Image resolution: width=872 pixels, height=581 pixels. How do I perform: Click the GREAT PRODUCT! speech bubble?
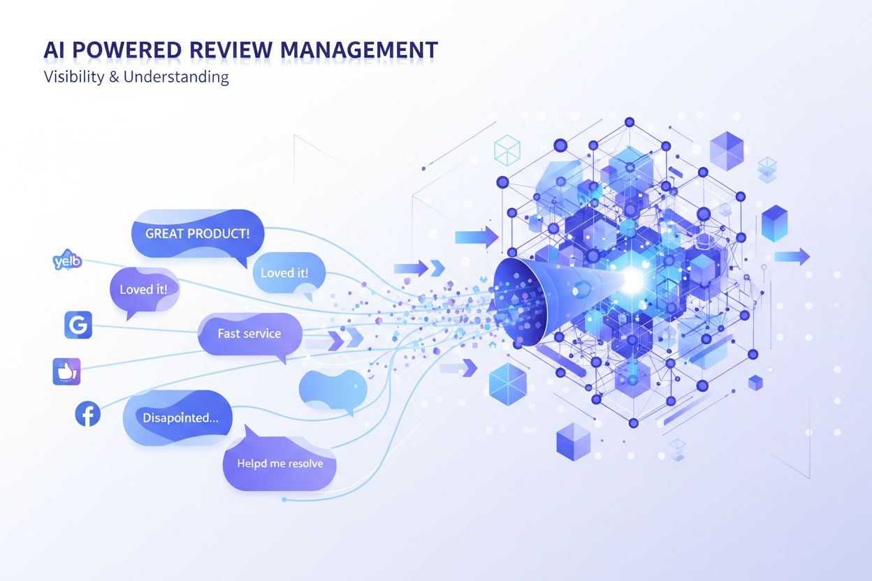[x=197, y=234]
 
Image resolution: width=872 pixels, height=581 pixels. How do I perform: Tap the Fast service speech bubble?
[x=249, y=334]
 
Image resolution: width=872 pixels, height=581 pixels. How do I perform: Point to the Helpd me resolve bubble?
[x=279, y=463]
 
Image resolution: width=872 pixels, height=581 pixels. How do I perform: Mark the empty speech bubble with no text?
[x=333, y=389]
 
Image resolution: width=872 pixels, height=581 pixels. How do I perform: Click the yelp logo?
[x=67, y=262]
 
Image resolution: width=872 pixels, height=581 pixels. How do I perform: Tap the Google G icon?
[x=78, y=325]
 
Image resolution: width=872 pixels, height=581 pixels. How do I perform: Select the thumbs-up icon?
[x=67, y=372]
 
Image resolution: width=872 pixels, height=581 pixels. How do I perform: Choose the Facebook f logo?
[x=88, y=415]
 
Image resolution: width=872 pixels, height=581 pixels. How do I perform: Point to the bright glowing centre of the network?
[x=632, y=279]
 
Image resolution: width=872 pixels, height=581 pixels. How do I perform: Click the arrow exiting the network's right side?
[x=792, y=256]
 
